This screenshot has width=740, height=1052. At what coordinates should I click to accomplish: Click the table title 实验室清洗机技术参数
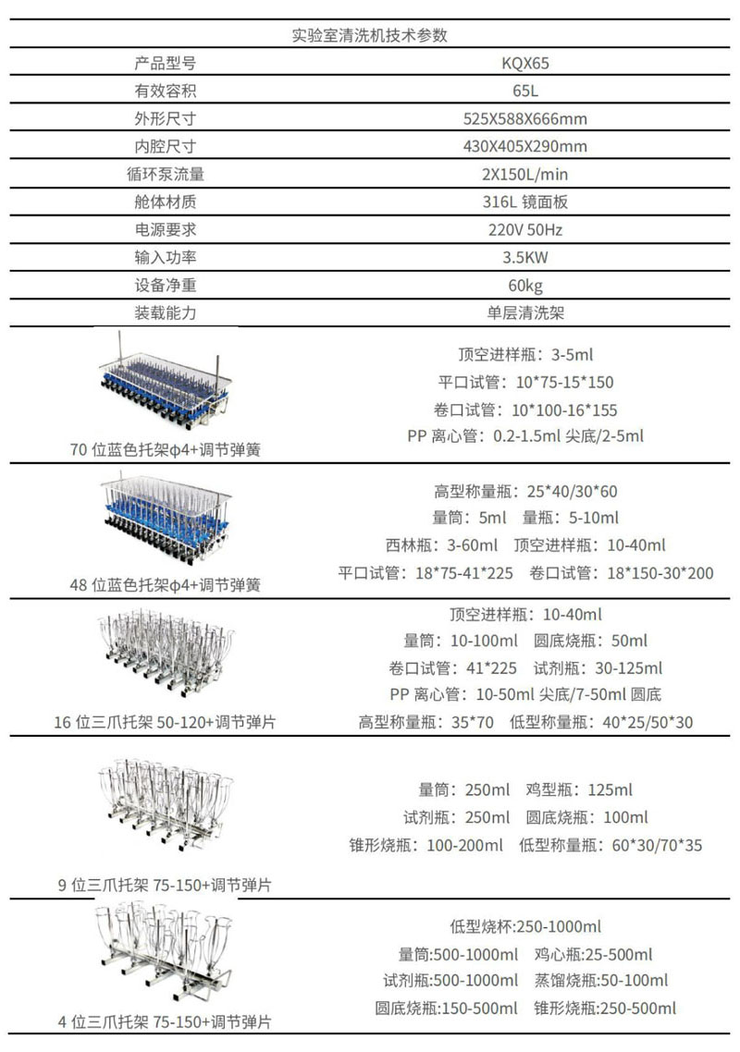(x=370, y=36)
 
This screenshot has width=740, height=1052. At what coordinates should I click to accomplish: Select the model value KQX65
(x=525, y=64)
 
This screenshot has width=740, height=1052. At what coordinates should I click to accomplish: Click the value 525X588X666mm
(x=525, y=119)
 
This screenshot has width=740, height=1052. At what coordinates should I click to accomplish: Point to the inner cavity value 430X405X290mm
(x=525, y=147)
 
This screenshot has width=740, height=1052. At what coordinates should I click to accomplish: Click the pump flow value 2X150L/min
(x=525, y=175)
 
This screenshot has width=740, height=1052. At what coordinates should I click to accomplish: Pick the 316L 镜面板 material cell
(x=525, y=202)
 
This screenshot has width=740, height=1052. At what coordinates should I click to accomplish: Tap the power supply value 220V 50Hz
(x=525, y=230)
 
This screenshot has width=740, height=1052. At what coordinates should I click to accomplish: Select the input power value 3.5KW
(x=525, y=258)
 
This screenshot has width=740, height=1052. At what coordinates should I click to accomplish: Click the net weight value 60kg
(x=525, y=286)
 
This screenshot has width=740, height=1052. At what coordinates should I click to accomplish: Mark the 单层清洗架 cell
(x=525, y=313)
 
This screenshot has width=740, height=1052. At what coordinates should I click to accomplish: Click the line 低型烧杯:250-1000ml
(x=525, y=927)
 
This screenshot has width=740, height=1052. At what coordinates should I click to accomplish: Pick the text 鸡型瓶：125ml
(x=579, y=790)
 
